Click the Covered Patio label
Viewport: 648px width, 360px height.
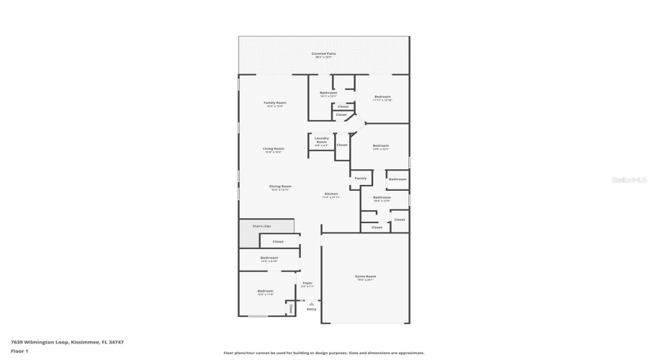point(323,54)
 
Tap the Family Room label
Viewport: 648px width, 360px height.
point(275,103)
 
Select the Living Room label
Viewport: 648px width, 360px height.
point(274,149)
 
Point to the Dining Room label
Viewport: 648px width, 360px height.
point(280,186)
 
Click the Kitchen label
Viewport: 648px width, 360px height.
point(331,194)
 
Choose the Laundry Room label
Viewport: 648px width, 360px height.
point(322,140)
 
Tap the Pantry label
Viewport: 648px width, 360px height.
point(361,178)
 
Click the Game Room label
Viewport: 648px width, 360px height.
point(366,276)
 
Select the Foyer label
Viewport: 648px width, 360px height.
point(307,283)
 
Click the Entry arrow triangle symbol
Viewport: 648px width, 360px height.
point(311,303)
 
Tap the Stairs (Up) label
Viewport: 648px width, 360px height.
point(261,226)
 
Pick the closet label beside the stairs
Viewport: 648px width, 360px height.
point(277,242)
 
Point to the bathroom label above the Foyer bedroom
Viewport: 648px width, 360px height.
point(269,258)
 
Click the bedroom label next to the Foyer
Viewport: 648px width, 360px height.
point(266,292)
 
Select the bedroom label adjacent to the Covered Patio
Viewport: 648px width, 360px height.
point(382,97)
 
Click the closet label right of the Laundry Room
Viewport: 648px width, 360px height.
point(342,145)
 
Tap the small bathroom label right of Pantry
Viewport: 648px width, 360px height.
point(398,179)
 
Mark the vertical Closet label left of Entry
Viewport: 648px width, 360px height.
point(291,308)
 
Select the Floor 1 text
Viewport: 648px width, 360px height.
point(19,351)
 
